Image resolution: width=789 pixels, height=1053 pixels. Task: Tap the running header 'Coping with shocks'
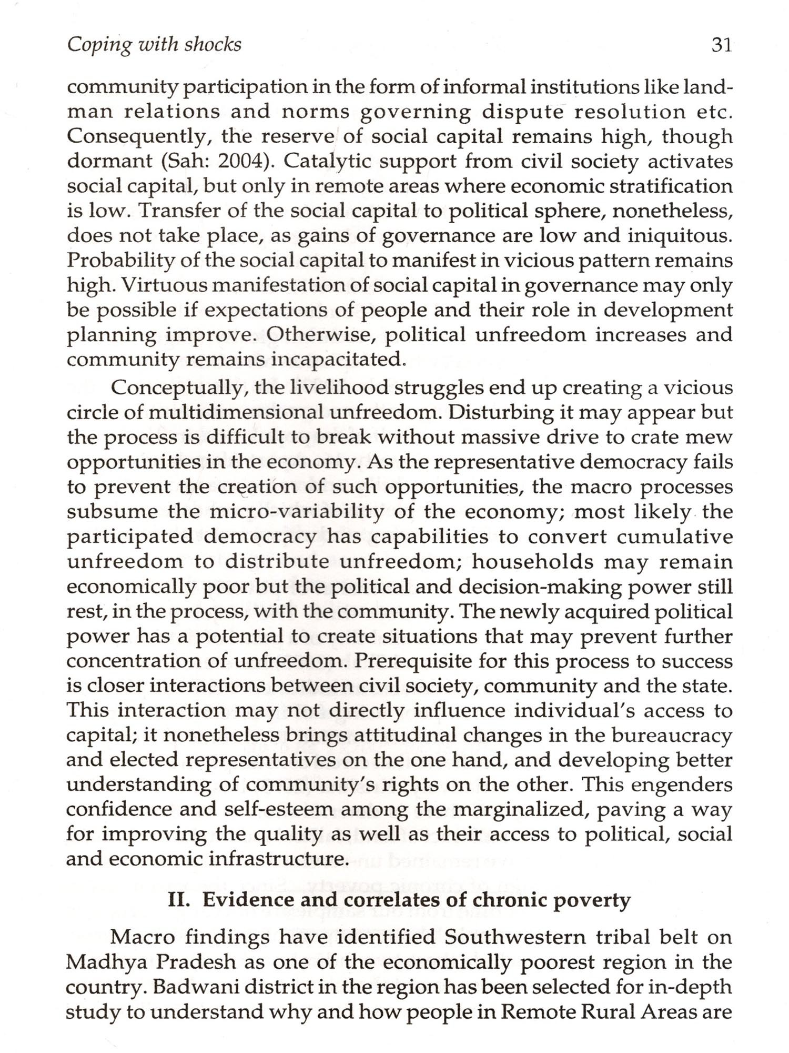(154, 45)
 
